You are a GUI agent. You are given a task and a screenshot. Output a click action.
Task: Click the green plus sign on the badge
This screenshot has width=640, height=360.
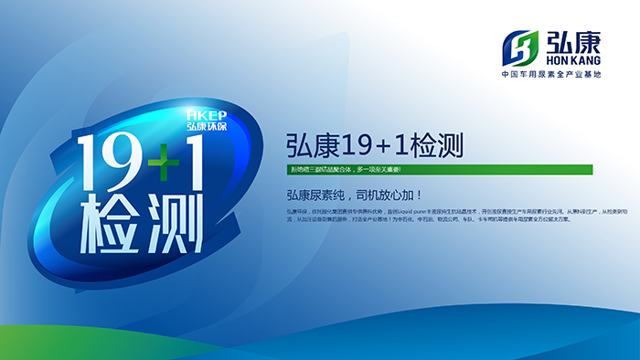coord(162,164)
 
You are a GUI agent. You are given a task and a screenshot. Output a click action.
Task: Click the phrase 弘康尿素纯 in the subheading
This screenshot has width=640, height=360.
coord(315,196)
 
